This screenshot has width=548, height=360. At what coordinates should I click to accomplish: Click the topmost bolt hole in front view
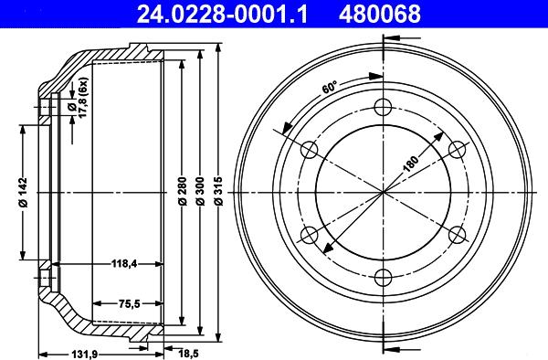click(x=382, y=104)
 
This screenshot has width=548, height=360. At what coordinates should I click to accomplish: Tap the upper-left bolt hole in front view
click(x=309, y=148)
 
